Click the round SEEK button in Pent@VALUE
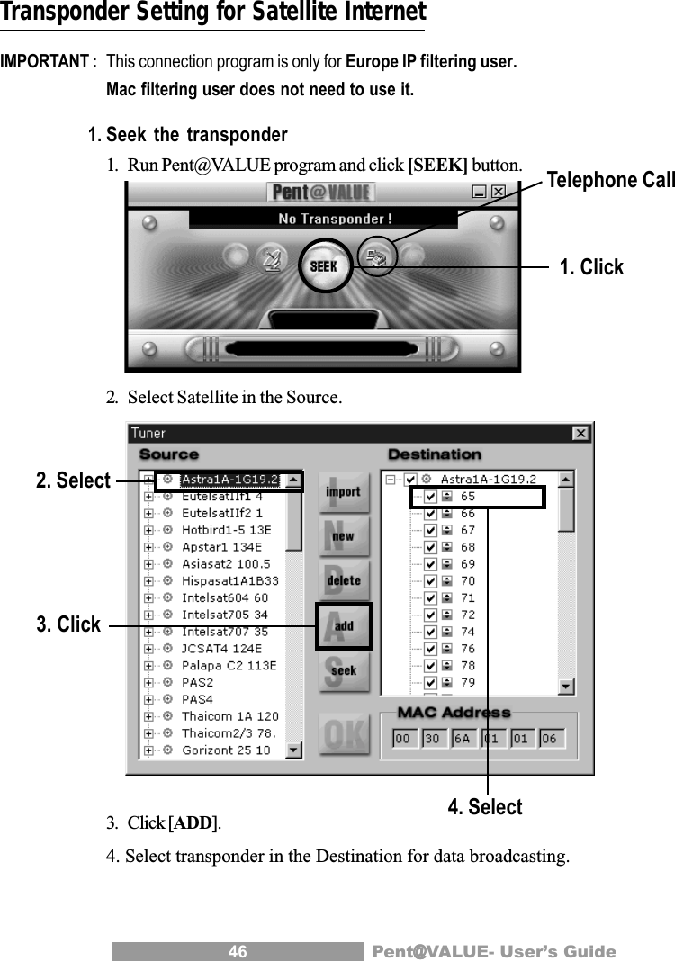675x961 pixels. [323, 266]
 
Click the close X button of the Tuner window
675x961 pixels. [580, 434]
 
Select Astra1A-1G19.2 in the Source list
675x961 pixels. [230, 480]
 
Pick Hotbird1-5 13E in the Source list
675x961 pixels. [226, 530]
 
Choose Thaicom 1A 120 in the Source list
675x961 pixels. [229, 716]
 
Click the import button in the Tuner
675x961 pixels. [343, 492]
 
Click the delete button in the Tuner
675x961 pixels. [343, 580]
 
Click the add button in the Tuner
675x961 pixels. [344, 625]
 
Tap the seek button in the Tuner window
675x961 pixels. [343, 669]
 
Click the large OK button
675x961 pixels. [343, 734]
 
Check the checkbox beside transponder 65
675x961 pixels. [430, 497]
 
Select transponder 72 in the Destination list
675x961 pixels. [468, 615]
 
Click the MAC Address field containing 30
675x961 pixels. [431, 739]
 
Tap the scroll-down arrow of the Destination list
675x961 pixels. [566, 687]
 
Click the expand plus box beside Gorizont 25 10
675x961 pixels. [148, 750]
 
